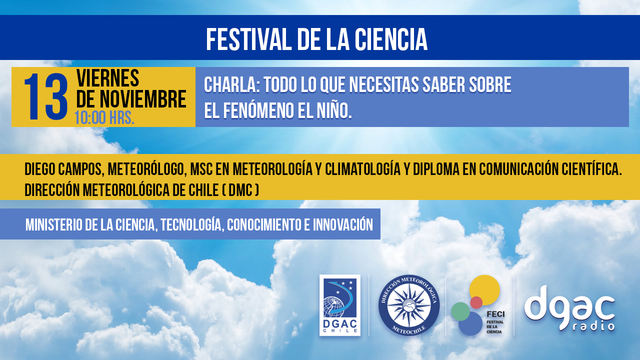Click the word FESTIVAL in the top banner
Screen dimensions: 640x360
(247, 39)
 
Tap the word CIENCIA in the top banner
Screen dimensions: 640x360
(391, 39)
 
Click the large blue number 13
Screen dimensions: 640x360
(46, 97)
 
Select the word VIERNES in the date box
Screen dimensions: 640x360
(107, 77)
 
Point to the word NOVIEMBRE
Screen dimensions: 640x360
(143, 99)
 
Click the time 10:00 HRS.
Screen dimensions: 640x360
(104, 117)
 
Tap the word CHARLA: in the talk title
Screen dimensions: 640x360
(231, 85)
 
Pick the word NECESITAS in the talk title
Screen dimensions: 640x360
(383, 85)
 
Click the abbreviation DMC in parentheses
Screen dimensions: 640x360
(240, 190)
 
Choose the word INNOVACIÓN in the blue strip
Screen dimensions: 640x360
(343, 224)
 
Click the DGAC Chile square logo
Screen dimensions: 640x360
(340, 305)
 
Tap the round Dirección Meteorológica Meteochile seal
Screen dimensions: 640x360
(409, 305)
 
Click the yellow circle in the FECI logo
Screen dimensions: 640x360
(484, 289)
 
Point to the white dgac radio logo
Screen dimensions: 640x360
(569, 308)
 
